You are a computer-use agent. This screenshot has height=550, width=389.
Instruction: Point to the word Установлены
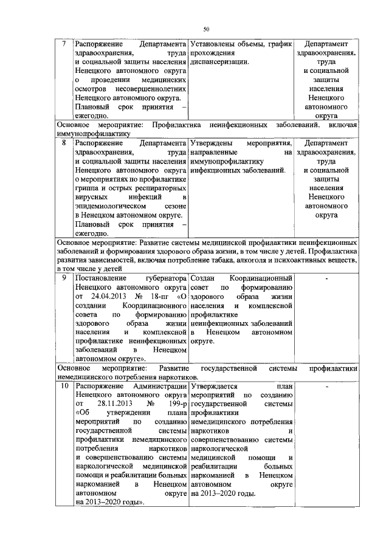tap(214, 44)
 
